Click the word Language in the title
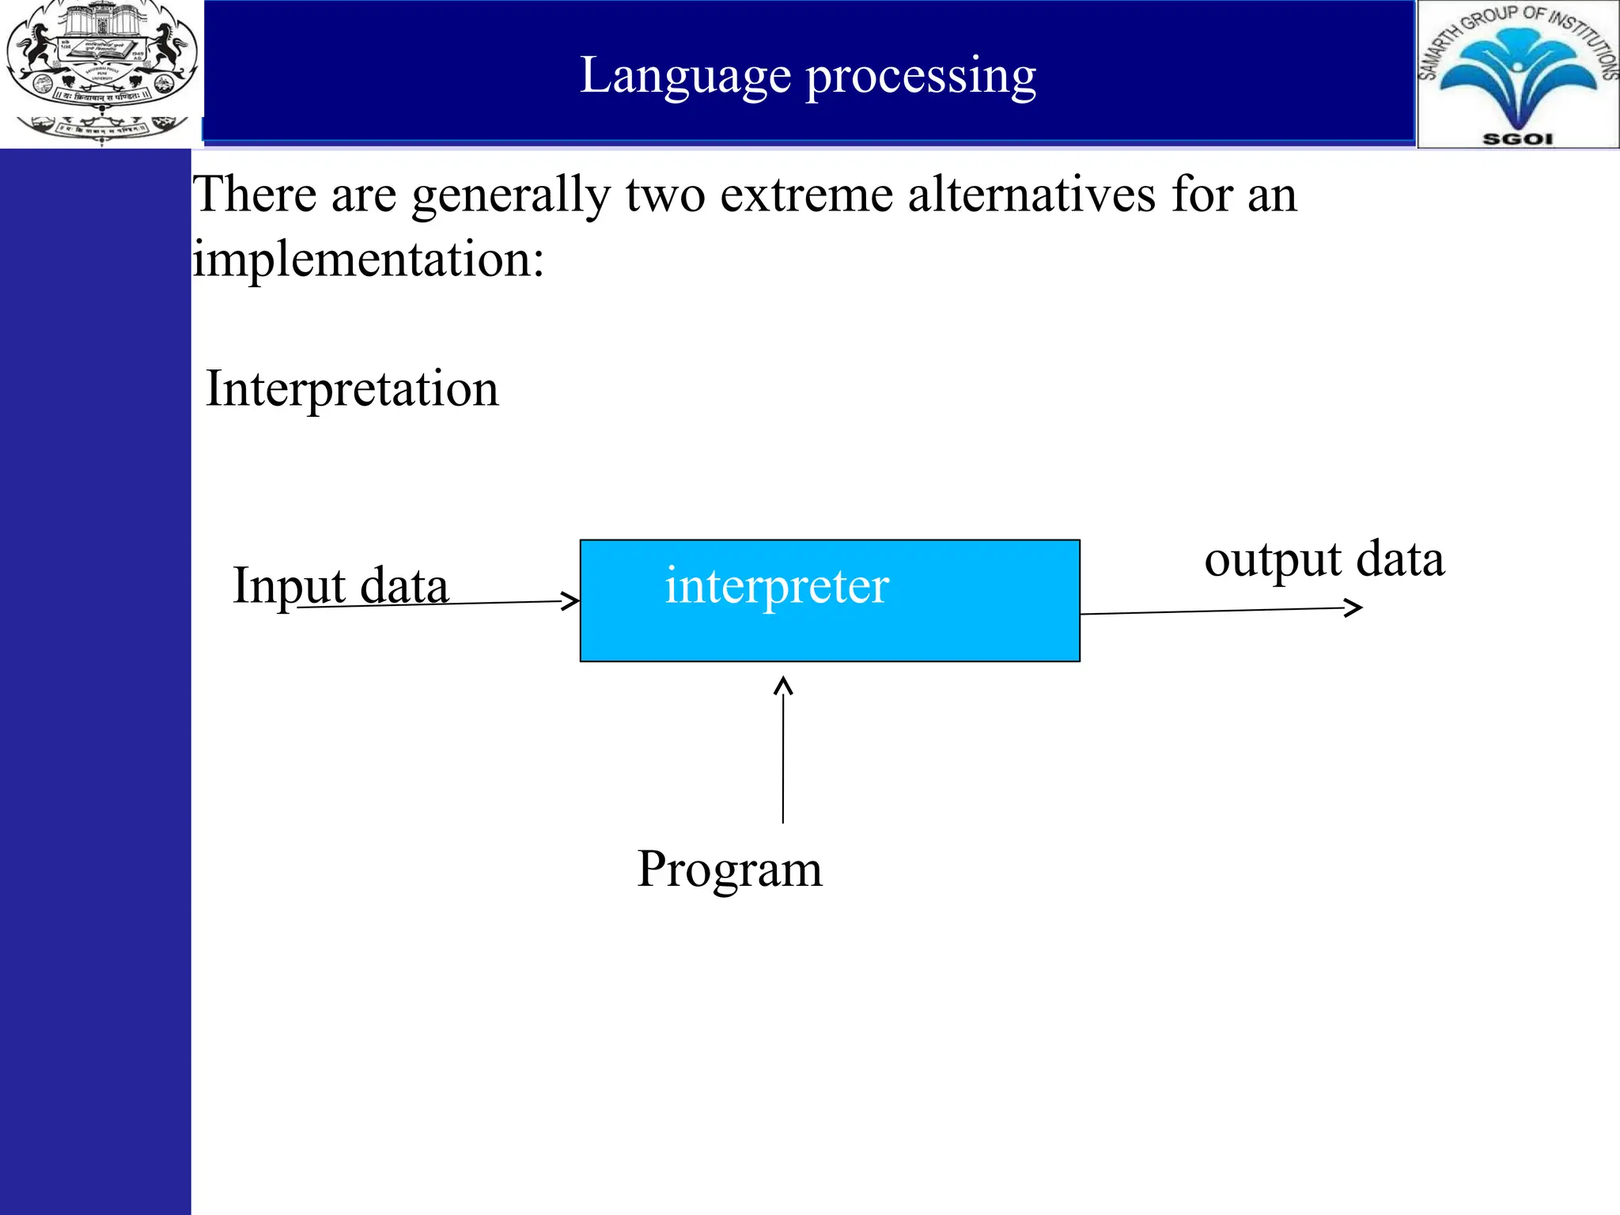pos(685,77)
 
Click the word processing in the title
pos(921,77)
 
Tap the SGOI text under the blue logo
pos(1517,139)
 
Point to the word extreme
pos(806,195)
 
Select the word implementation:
pos(369,259)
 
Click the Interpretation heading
pos(352,389)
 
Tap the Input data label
pos(340,586)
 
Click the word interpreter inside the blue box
pos(777,586)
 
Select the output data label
pos(1324,559)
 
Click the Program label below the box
pos(729,869)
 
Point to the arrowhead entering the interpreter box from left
pos(571,601)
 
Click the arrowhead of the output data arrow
pos(1354,607)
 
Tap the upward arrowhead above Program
pos(783,684)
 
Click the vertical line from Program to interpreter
pos(783,759)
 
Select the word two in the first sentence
pos(664,195)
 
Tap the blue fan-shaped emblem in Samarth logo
pos(1517,75)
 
